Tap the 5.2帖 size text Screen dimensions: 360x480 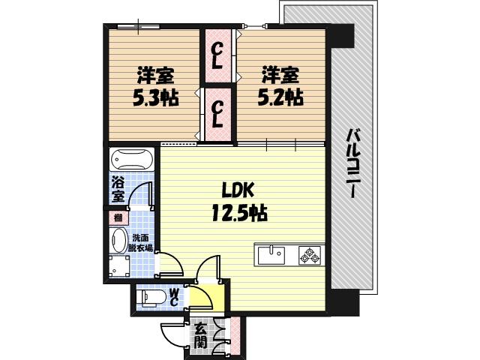click(282, 97)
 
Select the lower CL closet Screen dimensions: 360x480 click(218, 115)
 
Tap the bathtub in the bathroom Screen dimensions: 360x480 click(132, 161)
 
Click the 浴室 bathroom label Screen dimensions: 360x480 click(118, 190)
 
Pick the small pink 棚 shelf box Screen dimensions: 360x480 click(118, 218)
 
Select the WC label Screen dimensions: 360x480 click(173, 298)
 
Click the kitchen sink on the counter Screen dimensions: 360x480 click(271, 256)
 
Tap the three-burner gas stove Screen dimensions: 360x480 click(310, 256)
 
